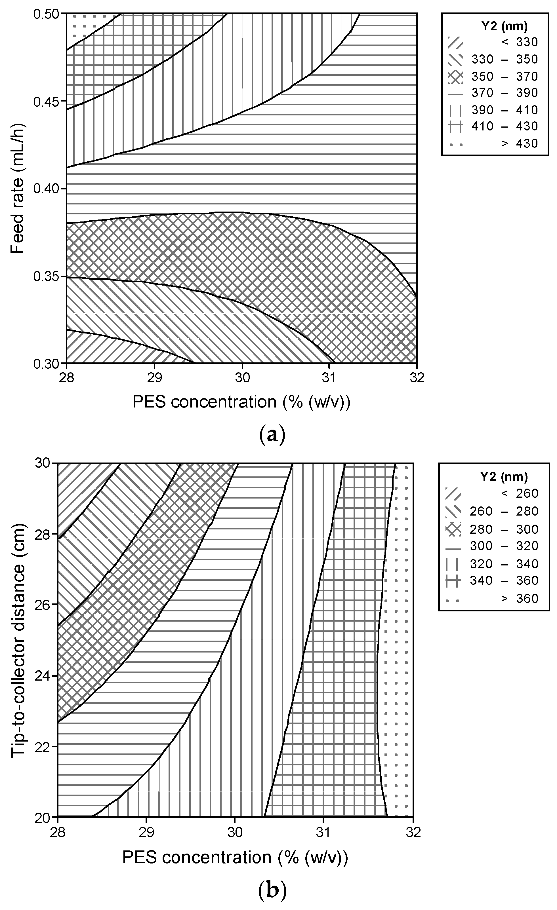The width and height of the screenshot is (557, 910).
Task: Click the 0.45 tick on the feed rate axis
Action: pyautogui.click(x=46, y=101)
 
